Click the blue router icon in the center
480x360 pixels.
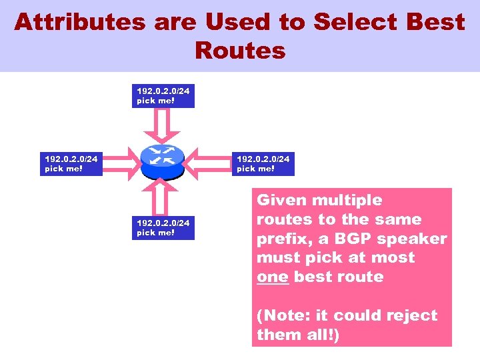tap(162, 160)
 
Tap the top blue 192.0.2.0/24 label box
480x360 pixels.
tap(163, 95)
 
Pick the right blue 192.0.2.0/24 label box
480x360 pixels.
tap(264, 163)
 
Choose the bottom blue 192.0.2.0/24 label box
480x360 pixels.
tap(163, 227)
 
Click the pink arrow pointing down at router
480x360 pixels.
tap(162, 124)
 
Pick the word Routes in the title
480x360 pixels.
tap(240, 50)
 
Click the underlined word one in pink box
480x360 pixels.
tap(272, 277)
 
